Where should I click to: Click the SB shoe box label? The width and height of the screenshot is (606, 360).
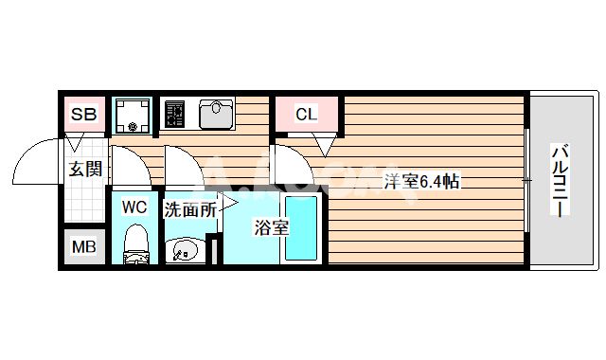click(x=83, y=115)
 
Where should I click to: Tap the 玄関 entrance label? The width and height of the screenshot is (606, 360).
click(x=83, y=171)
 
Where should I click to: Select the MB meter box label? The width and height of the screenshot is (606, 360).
click(x=84, y=248)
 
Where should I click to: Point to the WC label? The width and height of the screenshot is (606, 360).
click(x=134, y=206)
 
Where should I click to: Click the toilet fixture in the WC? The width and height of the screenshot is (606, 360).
click(x=136, y=243)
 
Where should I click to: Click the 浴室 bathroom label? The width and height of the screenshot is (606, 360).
click(x=270, y=228)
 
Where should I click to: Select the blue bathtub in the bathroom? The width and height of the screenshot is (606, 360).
click(x=303, y=230)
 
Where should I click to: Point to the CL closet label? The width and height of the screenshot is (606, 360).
click(x=305, y=116)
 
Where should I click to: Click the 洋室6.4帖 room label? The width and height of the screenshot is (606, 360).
click(x=420, y=181)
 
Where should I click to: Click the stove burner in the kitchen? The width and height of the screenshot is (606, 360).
click(x=176, y=115)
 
